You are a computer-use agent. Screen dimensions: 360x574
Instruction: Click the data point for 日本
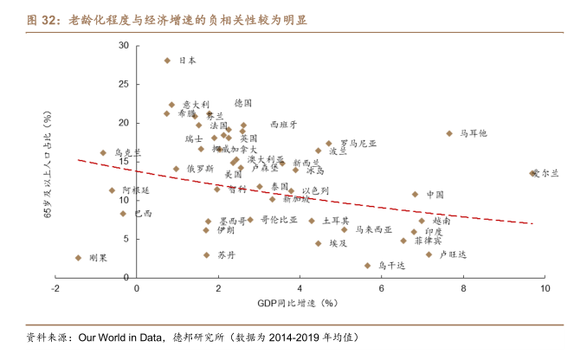tap(167, 60)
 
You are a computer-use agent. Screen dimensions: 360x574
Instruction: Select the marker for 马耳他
tap(449, 133)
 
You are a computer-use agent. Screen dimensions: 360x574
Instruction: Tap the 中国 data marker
tap(416, 195)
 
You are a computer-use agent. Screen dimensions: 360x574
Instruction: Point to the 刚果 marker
tap(78, 258)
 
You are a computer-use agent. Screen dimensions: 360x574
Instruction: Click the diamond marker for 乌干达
tap(367, 266)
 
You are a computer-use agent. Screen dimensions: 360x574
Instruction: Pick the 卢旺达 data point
tap(429, 254)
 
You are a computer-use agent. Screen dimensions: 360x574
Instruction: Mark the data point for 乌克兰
tap(103, 153)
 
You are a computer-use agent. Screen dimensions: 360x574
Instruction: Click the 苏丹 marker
tap(206, 255)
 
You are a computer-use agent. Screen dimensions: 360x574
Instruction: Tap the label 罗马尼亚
tap(358, 144)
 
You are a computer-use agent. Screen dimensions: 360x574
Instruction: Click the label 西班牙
tap(284, 125)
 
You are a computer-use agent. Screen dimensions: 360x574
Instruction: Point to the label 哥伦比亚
tap(278, 221)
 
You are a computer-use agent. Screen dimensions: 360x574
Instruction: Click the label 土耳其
tap(335, 221)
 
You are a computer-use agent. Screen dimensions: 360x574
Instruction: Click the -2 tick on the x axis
tap(56, 289)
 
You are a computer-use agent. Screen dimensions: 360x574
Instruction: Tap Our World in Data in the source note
tap(117, 337)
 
